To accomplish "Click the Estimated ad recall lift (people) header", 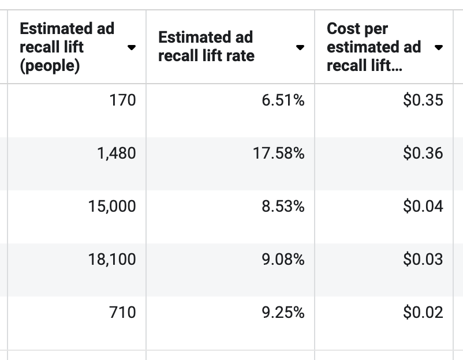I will pyautogui.click(x=67, y=47).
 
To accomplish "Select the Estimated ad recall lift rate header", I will pyautogui.click(x=206, y=47).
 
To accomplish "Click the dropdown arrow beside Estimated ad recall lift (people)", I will pyautogui.click(x=132, y=47).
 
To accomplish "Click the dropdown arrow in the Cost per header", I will pyautogui.click(x=439, y=47).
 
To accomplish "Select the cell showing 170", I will pyautogui.click(x=122, y=100).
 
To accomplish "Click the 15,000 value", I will pyautogui.click(x=113, y=207).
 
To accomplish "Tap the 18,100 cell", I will pyautogui.click(x=113, y=260).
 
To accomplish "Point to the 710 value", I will pyautogui.click(x=122, y=313).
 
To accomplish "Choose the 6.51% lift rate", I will pyautogui.click(x=283, y=100).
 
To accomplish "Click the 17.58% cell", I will pyautogui.click(x=278, y=153).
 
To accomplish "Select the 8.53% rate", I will pyautogui.click(x=283, y=207).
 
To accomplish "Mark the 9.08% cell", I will pyautogui.click(x=283, y=260).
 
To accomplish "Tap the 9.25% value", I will pyautogui.click(x=283, y=313).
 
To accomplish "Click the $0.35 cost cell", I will pyautogui.click(x=423, y=100).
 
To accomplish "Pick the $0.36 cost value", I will pyautogui.click(x=423, y=153).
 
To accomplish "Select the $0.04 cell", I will pyautogui.click(x=423, y=207).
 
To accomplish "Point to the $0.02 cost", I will pyautogui.click(x=423, y=313).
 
